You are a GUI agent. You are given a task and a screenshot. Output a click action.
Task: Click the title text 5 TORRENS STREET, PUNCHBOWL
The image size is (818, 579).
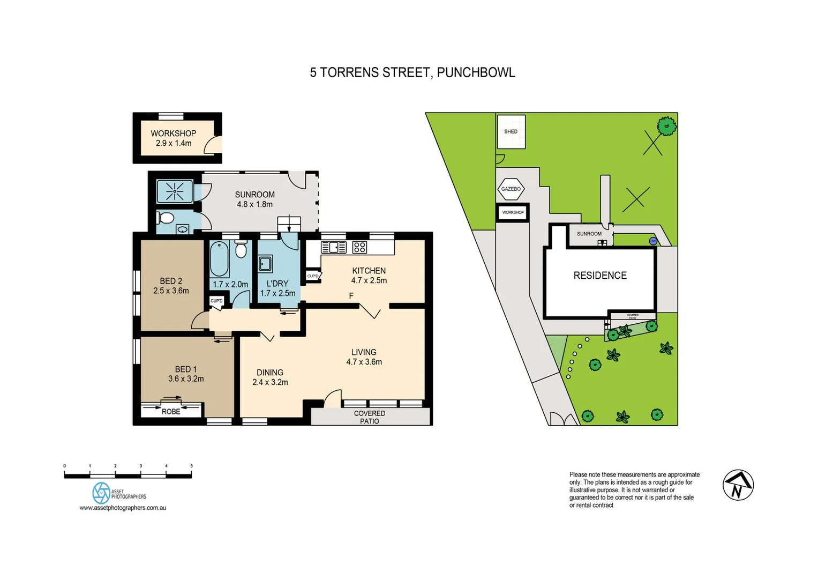click(x=412, y=72)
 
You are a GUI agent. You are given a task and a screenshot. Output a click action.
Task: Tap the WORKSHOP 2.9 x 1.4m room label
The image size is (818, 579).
click(x=173, y=138)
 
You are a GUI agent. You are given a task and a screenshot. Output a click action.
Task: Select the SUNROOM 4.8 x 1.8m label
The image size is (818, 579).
click(x=254, y=199)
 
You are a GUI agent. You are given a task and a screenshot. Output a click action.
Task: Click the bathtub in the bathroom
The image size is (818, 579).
click(x=219, y=258)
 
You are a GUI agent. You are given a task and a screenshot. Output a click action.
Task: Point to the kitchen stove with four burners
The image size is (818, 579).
click(x=359, y=247)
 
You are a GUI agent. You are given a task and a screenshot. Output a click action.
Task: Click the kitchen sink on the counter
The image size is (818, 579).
click(x=333, y=247)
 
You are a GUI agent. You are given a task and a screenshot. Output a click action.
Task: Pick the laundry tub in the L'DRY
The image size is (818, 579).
click(x=265, y=264)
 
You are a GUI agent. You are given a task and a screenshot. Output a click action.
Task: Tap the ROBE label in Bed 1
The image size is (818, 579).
click(x=171, y=411)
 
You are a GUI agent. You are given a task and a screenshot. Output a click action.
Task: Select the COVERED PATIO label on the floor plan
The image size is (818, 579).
click(x=369, y=417)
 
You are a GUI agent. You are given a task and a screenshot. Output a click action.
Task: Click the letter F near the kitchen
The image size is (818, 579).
click(x=351, y=296)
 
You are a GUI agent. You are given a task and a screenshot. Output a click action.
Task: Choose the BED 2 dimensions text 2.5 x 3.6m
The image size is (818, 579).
click(x=171, y=291)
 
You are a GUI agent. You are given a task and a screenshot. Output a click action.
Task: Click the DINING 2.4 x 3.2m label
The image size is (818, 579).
click(x=270, y=377)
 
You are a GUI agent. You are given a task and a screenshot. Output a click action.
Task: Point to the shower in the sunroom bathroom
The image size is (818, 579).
click(x=175, y=191)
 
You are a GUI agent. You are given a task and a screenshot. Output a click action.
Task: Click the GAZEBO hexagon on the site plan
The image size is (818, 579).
click(x=511, y=189)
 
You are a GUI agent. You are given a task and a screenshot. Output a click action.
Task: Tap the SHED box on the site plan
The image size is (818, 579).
click(x=511, y=131)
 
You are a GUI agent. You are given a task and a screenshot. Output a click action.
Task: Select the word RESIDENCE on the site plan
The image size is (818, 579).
click(x=599, y=276)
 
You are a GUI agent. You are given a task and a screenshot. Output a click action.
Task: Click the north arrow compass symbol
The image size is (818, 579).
click(x=738, y=485)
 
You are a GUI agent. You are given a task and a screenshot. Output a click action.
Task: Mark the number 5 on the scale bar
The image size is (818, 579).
click(x=191, y=466)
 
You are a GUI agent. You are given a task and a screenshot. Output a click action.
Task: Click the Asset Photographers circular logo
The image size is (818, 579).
click(x=101, y=493)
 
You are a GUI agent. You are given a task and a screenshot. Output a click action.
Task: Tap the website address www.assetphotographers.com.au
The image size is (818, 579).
click(x=123, y=508)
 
